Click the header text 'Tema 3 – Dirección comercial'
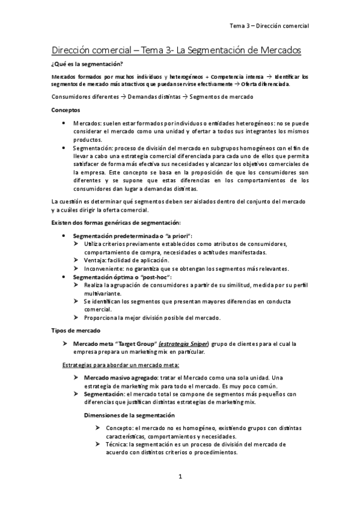269,26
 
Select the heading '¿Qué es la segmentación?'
88,64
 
